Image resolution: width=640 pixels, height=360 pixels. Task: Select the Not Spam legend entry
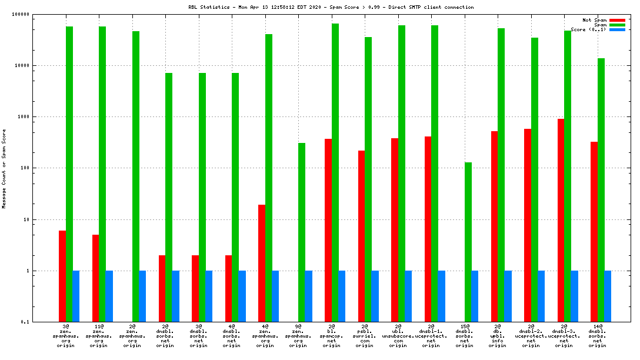594,20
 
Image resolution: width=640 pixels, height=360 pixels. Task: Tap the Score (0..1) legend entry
589,29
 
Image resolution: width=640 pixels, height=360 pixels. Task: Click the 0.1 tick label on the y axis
25,322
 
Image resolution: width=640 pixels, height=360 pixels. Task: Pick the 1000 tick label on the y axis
23,116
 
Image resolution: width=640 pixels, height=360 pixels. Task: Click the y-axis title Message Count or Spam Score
4,168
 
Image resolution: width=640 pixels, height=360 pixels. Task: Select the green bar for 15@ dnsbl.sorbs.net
468,242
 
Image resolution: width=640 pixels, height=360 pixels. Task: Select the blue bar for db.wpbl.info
508,296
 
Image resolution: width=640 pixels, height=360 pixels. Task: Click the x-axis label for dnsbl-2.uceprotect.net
531,335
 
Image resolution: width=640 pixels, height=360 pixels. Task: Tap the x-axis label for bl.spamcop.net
332,335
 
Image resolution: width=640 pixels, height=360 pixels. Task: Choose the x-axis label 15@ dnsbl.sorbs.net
465,335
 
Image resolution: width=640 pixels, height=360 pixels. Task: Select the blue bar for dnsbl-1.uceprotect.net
442,296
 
